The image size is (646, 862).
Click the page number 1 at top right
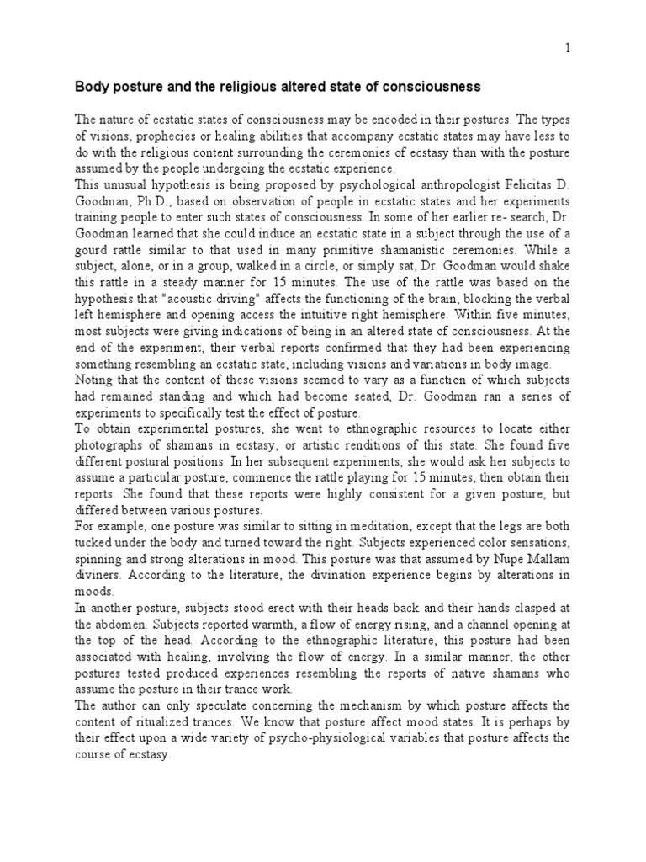pos(568,49)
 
